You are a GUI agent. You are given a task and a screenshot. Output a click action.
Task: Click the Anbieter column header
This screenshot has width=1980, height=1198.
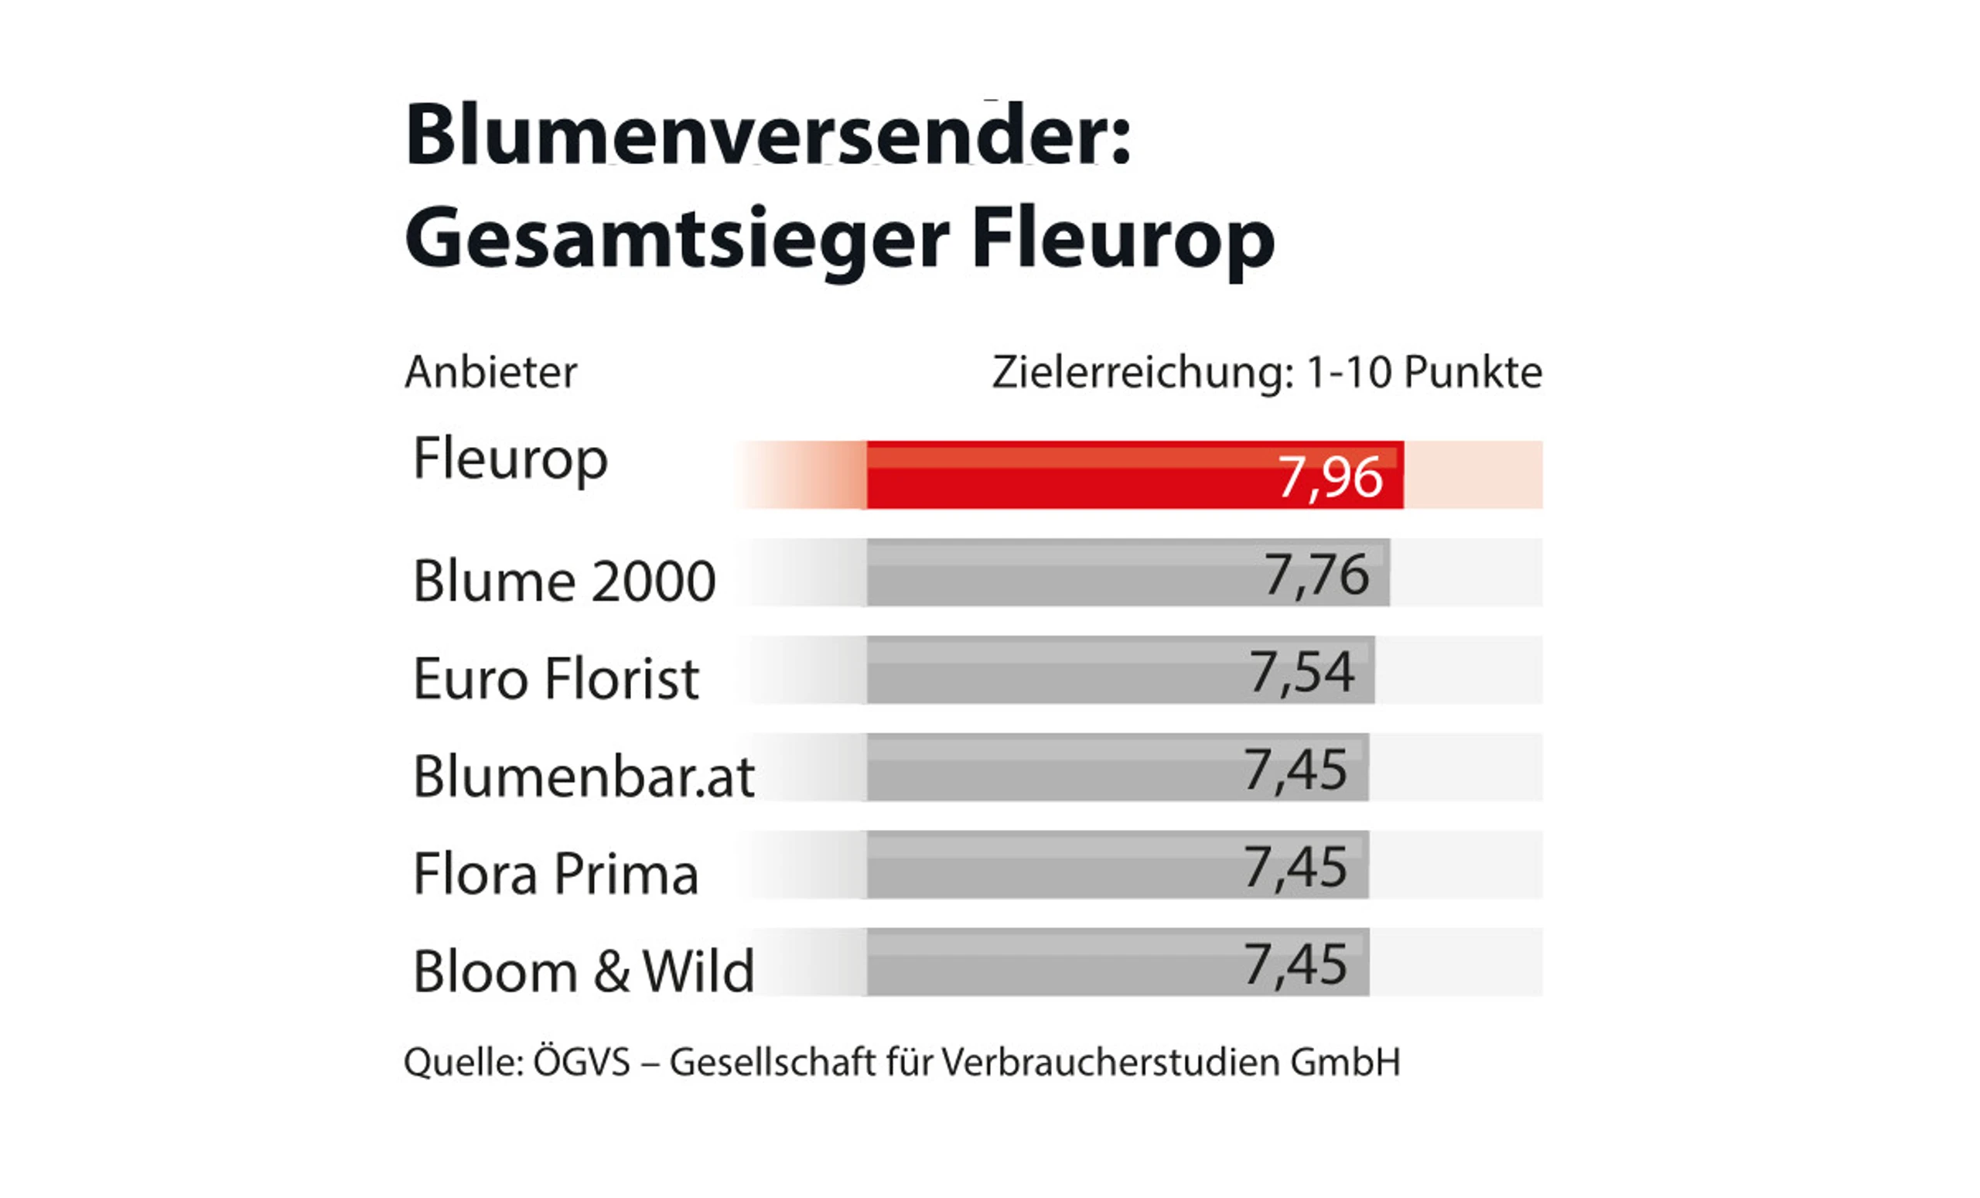coord(491,372)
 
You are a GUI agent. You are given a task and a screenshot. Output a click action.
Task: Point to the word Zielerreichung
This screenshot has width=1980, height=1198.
coord(1142,373)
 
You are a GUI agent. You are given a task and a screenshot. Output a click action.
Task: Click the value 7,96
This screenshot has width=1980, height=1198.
coord(1330,477)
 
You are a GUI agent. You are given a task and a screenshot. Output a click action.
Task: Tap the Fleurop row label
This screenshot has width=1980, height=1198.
coord(510,459)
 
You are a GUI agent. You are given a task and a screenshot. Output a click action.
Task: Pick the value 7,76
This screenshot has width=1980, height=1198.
coord(1316,575)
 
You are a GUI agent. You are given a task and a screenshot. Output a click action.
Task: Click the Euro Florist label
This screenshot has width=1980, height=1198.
coord(555,679)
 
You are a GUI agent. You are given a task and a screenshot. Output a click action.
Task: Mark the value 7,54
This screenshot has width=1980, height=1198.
coord(1301,673)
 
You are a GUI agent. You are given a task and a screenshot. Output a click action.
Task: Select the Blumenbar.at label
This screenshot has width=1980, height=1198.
coord(583,777)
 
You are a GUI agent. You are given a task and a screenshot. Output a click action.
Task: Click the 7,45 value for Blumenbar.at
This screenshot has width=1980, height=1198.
coord(1296,770)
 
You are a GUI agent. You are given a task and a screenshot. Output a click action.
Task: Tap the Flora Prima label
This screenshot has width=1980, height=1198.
coord(555,874)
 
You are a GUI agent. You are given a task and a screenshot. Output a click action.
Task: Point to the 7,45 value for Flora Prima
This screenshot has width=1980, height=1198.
coord(1296,867)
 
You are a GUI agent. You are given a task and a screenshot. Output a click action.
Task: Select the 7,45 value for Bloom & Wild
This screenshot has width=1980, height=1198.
coord(1296,964)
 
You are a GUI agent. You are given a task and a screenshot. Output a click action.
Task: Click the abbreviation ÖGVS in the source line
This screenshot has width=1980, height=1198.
coord(582,1062)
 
